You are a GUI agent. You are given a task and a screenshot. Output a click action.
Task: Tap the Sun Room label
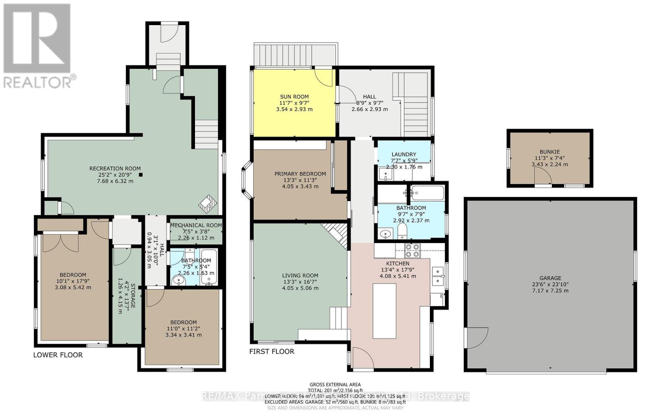click(294, 96)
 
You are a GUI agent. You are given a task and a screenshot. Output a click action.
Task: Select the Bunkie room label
click(549, 152)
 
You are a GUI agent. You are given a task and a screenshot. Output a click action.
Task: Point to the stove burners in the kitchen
click(413, 250)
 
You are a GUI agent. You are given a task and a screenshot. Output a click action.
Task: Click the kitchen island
click(384, 310)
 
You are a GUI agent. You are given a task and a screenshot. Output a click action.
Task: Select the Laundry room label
click(403, 154)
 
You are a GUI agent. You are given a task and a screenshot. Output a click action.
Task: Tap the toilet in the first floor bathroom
click(402, 231)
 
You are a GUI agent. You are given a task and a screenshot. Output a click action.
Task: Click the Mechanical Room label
click(196, 225)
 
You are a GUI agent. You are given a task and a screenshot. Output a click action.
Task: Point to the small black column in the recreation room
click(141, 175)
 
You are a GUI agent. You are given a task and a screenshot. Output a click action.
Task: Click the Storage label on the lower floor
click(133, 296)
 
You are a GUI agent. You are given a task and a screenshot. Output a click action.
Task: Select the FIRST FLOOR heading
click(271, 351)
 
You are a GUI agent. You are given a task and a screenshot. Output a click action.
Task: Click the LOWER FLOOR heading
click(58, 355)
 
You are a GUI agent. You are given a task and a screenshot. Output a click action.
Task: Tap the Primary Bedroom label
click(300, 173)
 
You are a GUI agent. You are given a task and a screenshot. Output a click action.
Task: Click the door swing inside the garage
click(477, 338)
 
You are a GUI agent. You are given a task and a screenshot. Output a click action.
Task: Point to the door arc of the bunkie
click(543, 178)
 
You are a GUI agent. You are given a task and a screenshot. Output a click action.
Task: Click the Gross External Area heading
click(335, 384)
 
